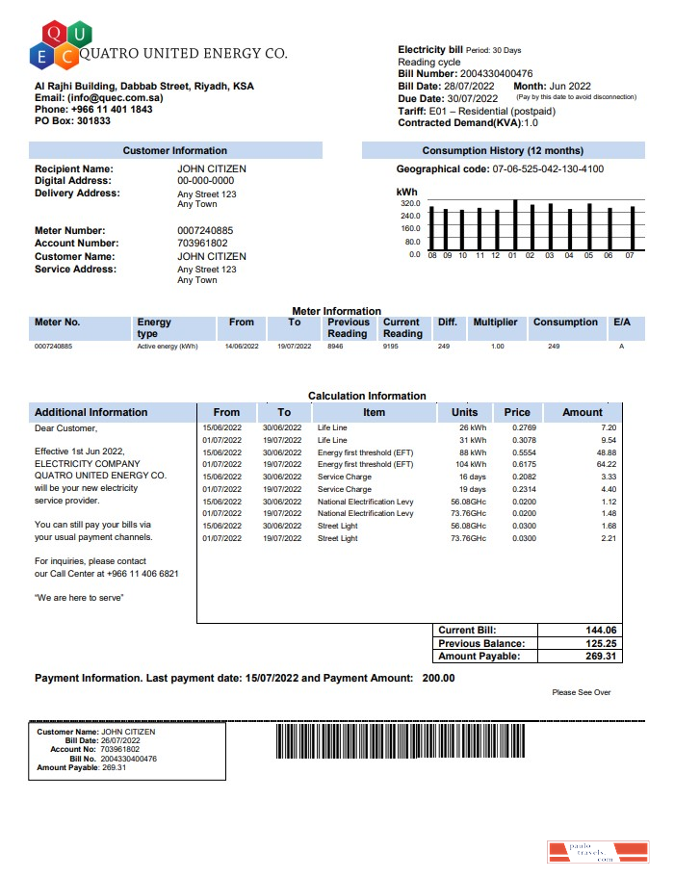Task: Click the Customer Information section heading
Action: click(x=174, y=151)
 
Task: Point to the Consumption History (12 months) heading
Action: click(x=503, y=151)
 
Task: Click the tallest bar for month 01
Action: click(x=515, y=224)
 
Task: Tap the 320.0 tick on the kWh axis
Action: click(x=410, y=204)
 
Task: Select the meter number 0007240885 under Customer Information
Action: click(x=204, y=231)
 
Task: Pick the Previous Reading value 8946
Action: click(x=335, y=346)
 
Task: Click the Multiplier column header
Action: click(x=495, y=323)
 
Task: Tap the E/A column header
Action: click(x=621, y=323)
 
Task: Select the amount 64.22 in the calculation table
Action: click(x=607, y=464)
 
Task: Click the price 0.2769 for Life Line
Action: click(x=524, y=426)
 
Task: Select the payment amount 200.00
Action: click(x=438, y=678)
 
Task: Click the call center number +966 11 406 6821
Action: click(x=143, y=574)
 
